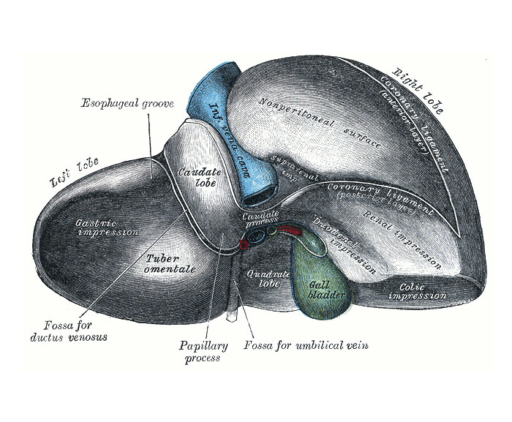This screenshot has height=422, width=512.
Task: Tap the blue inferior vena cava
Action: pos(219,117)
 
